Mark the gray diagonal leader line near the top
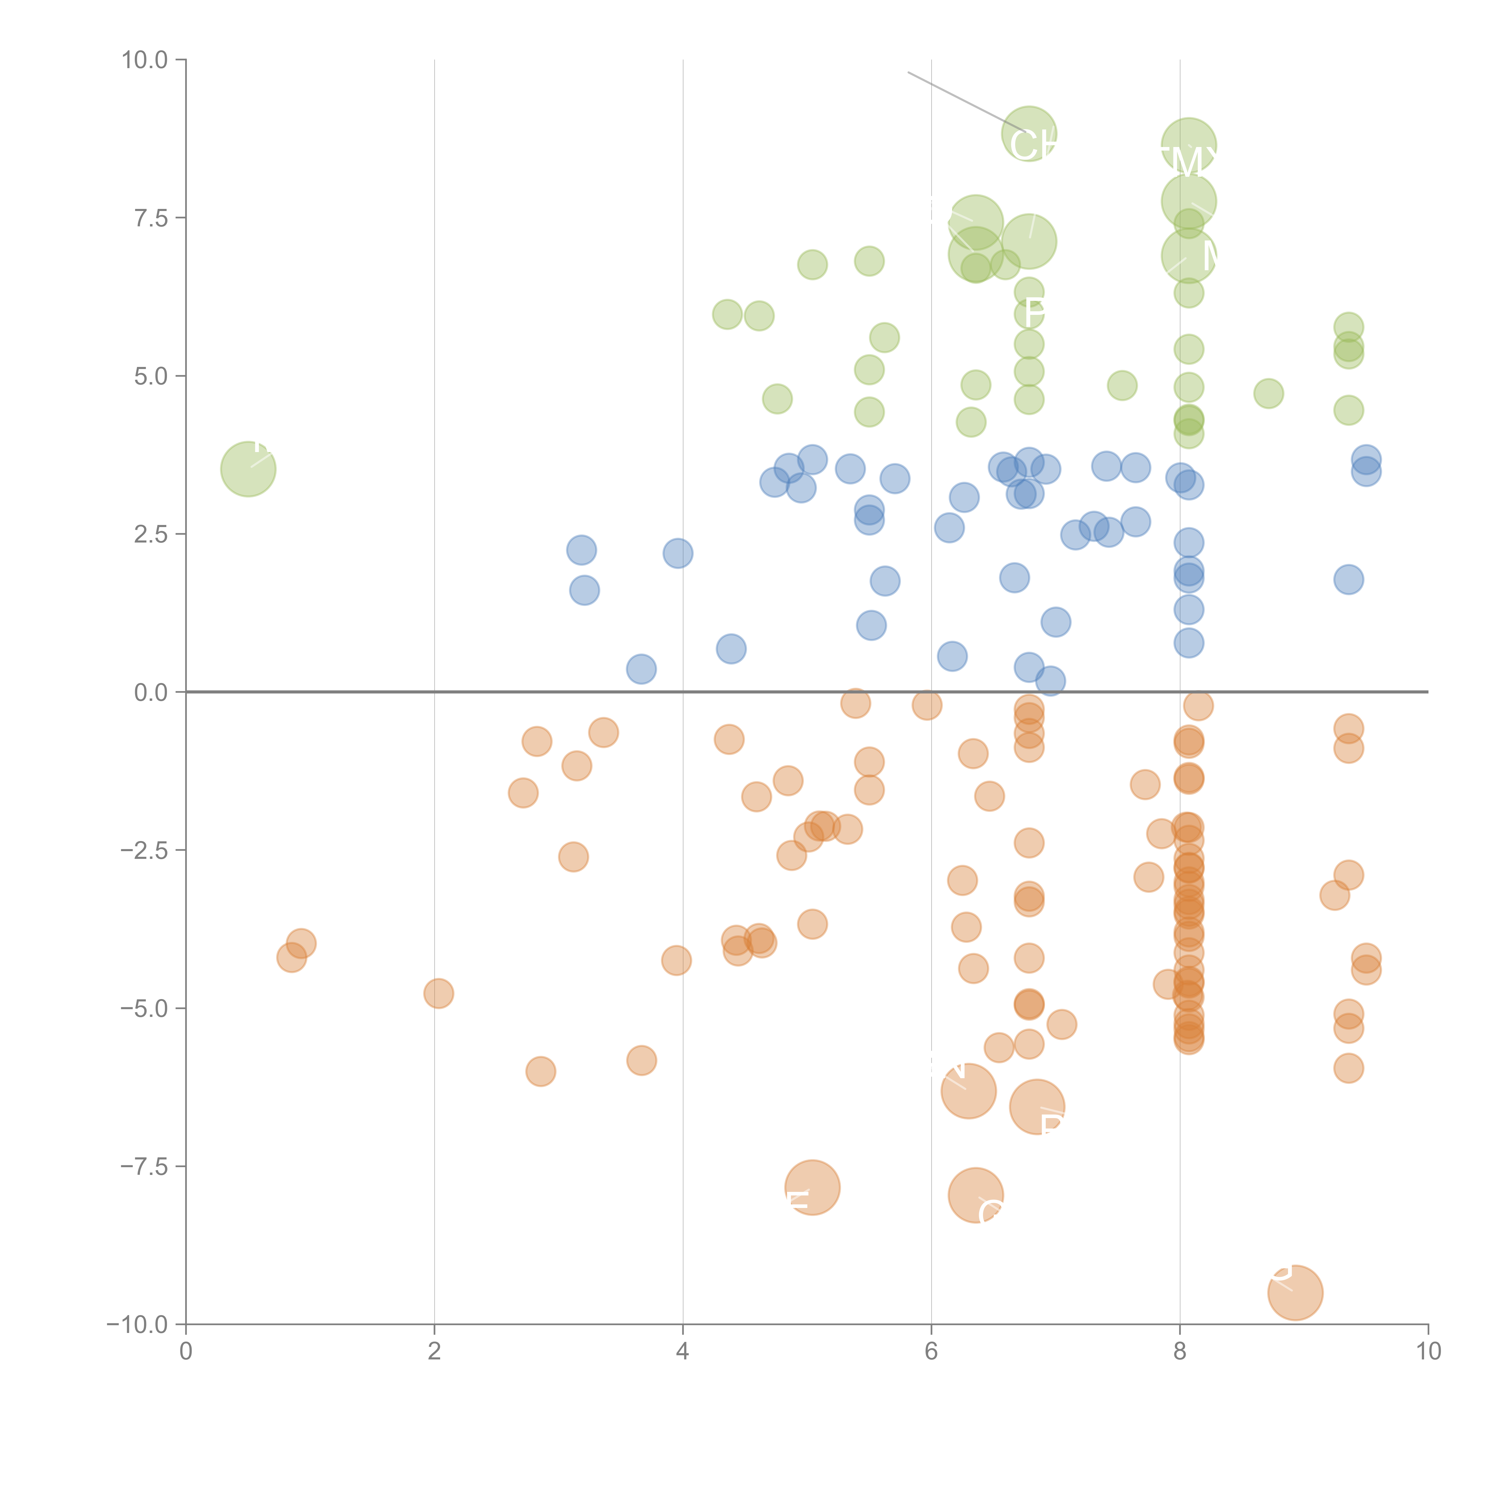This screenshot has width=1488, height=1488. coord(963,100)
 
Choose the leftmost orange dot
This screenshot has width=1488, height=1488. coord(291,957)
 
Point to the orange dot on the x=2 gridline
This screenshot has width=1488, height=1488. coord(438,994)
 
